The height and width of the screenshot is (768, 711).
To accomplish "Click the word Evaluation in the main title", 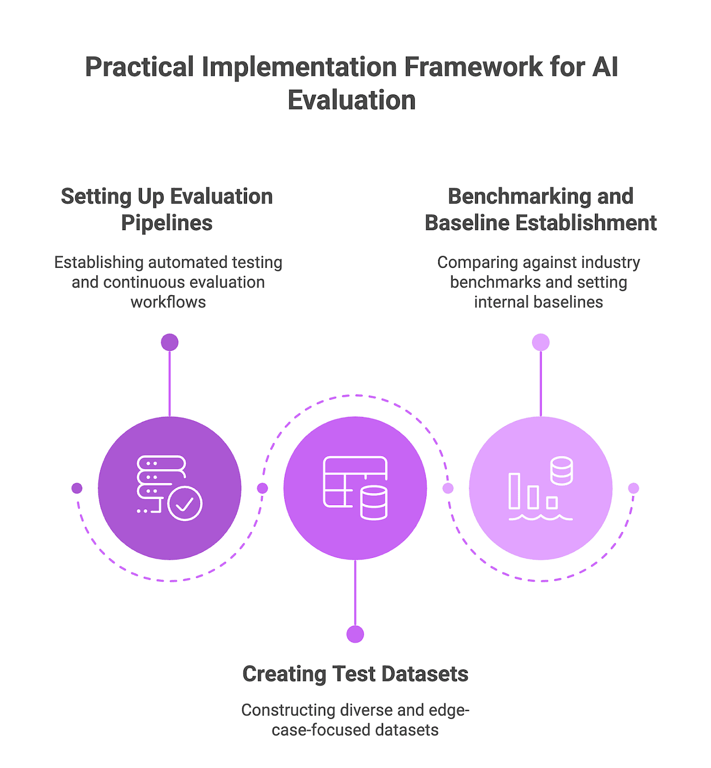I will click(x=351, y=100).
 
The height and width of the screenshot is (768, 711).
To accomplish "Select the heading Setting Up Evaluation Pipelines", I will click(x=167, y=209).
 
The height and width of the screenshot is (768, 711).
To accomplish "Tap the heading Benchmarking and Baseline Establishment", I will click(x=540, y=209).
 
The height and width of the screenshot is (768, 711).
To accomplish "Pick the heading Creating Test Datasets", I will click(x=355, y=674).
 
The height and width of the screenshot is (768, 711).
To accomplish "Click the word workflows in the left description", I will click(x=168, y=302).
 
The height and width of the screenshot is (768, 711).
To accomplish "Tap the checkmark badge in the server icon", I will click(x=185, y=504).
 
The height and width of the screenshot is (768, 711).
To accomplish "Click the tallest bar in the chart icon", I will click(x=514, y=491).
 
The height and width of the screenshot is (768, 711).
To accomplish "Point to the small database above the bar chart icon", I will click(x=561, y=471).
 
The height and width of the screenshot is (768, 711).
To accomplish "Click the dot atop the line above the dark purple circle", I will click(x=169, y=342).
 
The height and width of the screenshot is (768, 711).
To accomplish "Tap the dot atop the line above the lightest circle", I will click(x=541, y=342).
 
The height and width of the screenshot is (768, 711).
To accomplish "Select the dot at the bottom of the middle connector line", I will click(x=355, y=634).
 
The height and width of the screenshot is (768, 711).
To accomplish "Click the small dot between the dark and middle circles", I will click(x=262, y=488).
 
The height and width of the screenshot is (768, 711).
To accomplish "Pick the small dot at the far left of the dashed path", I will click(x=77, y=488).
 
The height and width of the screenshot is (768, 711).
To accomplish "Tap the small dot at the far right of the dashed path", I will click(x=633, y=488).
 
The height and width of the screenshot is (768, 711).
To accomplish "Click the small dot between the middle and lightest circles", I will click(x=448, y=488).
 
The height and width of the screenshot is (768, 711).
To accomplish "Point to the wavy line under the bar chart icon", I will click(x=540, y=517).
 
